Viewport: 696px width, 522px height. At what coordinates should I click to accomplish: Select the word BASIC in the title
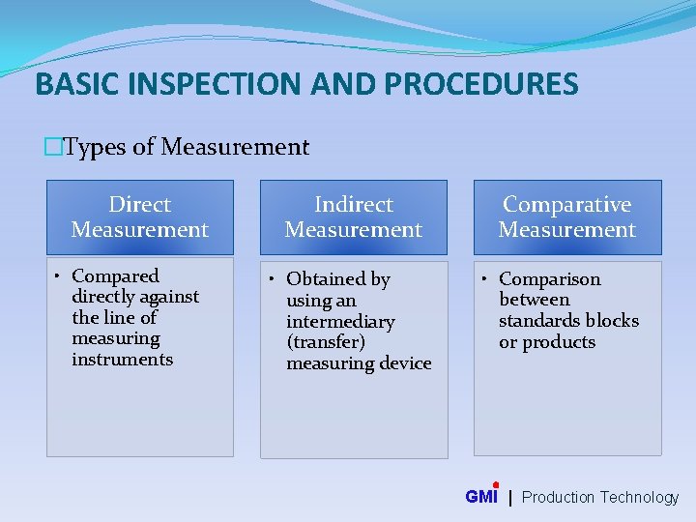(72, 84)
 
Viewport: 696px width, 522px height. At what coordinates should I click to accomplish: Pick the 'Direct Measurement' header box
(140, 217)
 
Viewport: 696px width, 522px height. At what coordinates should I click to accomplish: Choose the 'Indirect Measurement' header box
(354, 217)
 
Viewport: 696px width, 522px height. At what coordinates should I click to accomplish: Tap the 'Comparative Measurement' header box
(567, 217)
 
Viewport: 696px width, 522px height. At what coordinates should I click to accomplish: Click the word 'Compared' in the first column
(115, 276)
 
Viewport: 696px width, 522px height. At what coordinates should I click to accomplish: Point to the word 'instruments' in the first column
(123, 360)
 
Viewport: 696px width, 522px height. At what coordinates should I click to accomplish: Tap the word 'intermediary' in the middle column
(340, 322)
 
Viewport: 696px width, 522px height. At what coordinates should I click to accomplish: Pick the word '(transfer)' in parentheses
(325, 342)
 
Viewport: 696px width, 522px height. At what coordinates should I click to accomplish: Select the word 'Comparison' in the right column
(549, 279)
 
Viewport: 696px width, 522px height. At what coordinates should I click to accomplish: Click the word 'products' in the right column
(560, 342)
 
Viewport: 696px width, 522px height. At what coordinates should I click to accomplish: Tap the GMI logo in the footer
(481, 496)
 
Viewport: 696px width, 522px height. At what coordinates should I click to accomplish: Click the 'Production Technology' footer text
(600, 497)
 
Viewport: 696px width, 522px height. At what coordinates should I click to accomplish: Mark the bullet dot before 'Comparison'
(485, 279)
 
